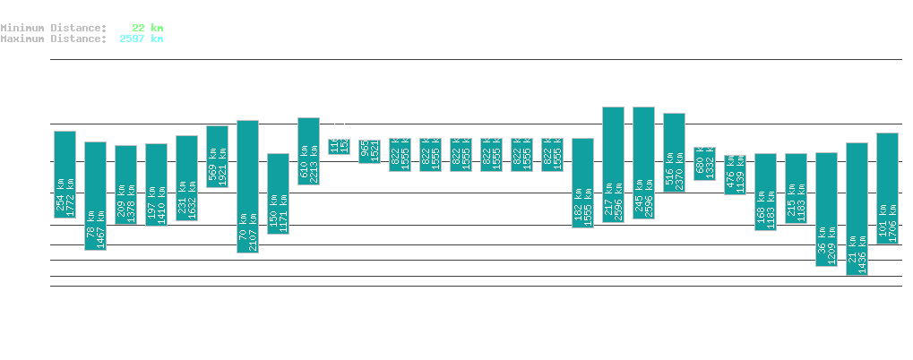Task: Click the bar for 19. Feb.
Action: click(x=247, y=186)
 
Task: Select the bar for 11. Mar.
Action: click(x=857, y=209)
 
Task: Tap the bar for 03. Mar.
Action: click(x=613, y=165)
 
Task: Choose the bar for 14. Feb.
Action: click(x=95, y=196)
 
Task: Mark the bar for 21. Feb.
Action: click(x=308, y=151)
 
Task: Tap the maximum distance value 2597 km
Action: click(x=141, y=39)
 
